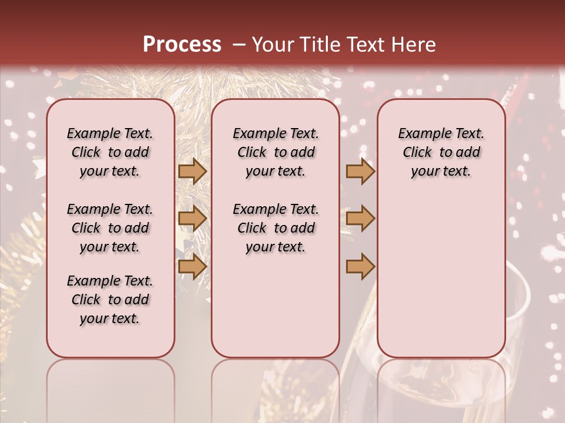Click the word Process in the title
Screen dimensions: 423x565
click(x=182, y=45)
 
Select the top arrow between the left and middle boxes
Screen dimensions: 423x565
click(x=192, y=172)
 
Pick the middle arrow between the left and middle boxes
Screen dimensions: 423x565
click(x=192, y=219)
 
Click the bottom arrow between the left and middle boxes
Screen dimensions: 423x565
click(x=192, y=266)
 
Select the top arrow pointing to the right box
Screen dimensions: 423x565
click(x=360, y=172)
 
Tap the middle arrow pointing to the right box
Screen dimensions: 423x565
click(x=360, y=219)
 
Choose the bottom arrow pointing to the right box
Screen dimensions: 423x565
click(x=360, y=266)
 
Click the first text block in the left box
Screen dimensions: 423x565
click(x=110, y=152)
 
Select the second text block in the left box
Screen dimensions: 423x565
click(x=110, y=228)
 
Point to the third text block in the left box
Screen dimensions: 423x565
click(x=110, y=300)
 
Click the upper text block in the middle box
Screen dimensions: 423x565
click(x=275, y=152)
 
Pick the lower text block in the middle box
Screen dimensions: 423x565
click(x=275, y=228)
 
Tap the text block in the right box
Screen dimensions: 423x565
click(x=441, y=152)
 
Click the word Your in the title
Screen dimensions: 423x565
click(x=273, y=45)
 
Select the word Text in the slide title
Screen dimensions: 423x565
click(x=364, y=45)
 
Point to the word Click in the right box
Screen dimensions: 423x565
click(x=417, y=153)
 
